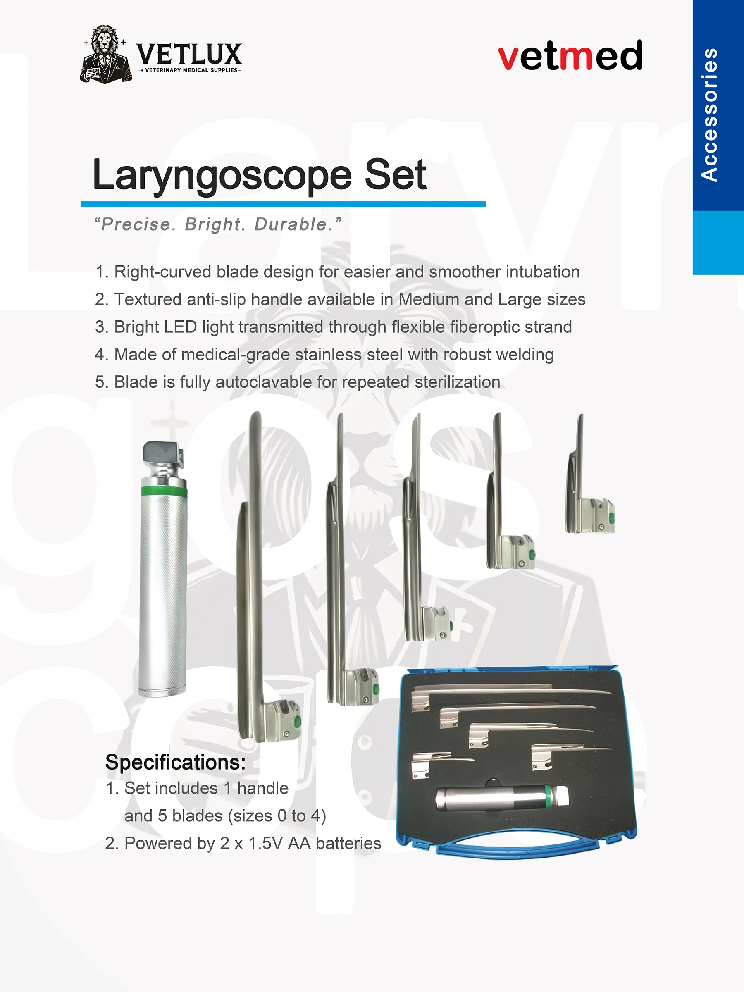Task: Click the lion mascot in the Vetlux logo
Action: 106,55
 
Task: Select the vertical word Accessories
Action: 709,114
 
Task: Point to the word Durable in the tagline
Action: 292,224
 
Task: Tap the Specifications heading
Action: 175,762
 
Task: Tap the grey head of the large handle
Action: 163,455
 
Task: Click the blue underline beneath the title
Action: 283,205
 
